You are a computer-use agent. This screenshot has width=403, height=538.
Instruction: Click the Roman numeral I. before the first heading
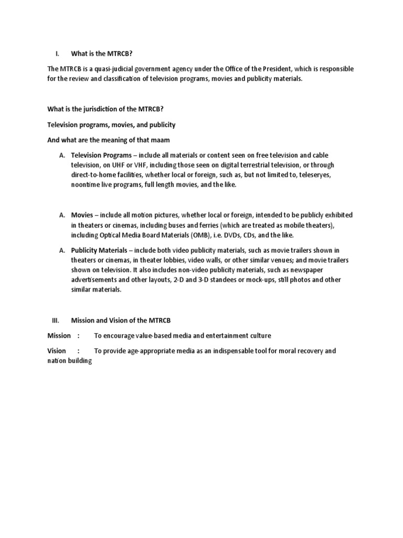(57, 53)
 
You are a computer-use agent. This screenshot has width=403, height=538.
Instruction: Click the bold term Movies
(82, 215)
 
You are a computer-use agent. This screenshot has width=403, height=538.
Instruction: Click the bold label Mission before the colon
(59, 336)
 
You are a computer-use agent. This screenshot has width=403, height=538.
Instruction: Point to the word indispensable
(233, 351)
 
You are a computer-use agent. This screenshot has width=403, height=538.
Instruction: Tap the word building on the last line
(80, 361)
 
